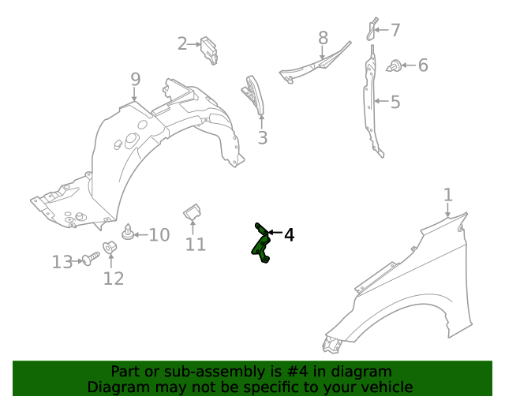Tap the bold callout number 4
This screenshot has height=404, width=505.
290,235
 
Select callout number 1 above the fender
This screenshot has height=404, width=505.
448,195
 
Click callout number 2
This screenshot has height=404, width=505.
182,43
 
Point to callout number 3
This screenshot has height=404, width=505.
263,137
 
